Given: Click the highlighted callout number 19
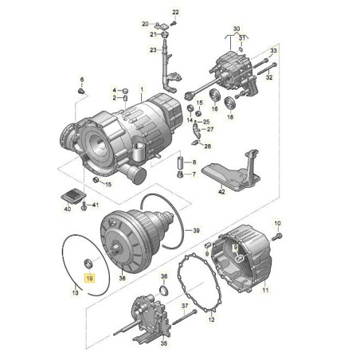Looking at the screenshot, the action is click(x=89, y=279).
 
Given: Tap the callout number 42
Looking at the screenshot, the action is click(x=221, y=192).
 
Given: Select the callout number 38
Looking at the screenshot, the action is click(x=122, y=278).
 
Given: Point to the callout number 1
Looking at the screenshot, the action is click(x=142, y=89).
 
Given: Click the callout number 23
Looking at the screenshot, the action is click(x=153, y=49).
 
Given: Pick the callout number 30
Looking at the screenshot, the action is click(x=237, y=29).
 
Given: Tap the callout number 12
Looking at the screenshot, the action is click(x=211, y=319).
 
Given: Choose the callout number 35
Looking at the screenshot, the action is click(x=164, y=343).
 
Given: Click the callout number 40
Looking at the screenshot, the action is click(x=68, y=209).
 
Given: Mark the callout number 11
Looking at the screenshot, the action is click(x=265, y=290).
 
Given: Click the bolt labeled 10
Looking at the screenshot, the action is click(x=276, y=237).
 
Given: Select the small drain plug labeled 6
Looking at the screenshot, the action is click(x=81, y=92).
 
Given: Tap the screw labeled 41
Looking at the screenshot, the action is click(x=84, y=206).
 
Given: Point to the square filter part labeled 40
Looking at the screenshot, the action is click(x=73, y=196).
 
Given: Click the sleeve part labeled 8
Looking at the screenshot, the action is click(x=180, y=162).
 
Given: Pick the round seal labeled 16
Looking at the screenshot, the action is click(x=214, y=96).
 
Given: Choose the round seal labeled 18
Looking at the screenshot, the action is click(x=230, y=104).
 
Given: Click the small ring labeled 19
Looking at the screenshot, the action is click(x=88, y=264).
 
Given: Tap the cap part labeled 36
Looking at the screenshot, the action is click(x=164, y=290).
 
